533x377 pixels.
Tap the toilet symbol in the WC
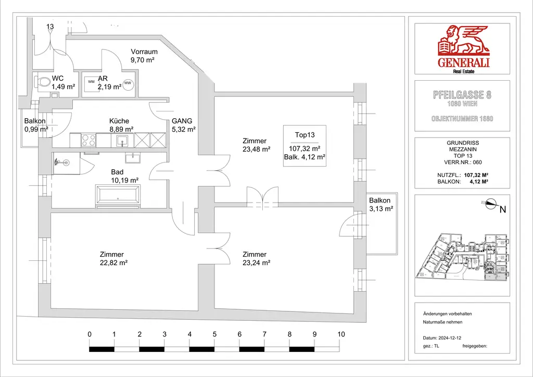(x=43, y=83)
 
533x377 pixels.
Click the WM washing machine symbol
(x=91, y=82)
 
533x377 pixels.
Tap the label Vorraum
(x=144, y=52)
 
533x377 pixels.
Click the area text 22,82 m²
(x=113, y=263)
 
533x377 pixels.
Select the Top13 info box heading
(x=304, y=134)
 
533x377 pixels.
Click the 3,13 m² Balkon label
(x=380, y=209)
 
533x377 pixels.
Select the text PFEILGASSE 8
(x=462, y=95)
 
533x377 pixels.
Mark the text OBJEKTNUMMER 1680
(x=462, y=119)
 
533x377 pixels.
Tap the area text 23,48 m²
(x=256, y=149)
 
